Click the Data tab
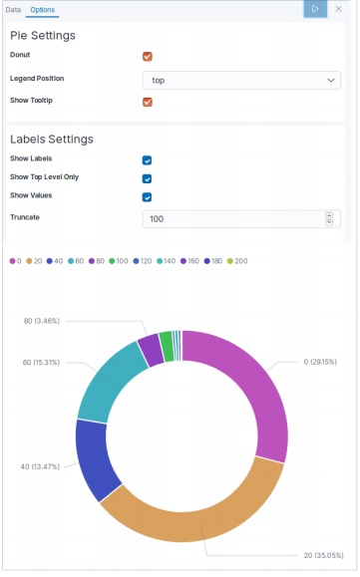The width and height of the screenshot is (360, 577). coord(14,9)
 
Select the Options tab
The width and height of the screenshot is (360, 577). coord(42,9)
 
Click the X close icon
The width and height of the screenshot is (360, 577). coord(339,9)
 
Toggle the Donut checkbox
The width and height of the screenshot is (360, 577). coord(148,57)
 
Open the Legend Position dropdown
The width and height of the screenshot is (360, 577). coord(241,81)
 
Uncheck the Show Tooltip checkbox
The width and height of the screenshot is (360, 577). coord(148,102)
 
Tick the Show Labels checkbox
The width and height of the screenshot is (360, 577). coord(147,159)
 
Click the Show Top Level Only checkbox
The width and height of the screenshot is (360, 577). coord(147,178)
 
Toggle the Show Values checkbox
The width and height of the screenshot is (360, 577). coord(147,196)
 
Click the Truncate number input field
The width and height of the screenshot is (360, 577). coord(234,219)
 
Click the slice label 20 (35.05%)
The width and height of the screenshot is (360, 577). coord(325,554)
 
